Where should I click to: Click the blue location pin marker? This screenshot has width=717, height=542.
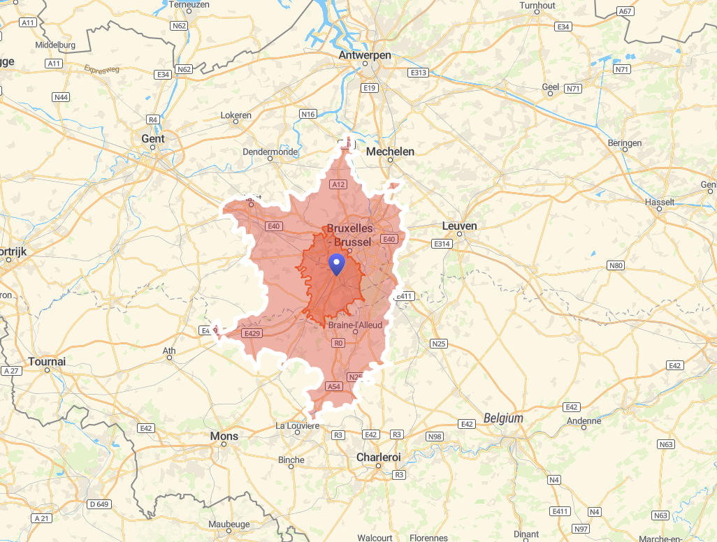[337, 264]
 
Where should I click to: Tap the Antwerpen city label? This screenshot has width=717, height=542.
[365, 55]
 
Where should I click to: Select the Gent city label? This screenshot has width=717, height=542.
[153, 138]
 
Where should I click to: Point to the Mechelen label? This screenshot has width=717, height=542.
[390, 152]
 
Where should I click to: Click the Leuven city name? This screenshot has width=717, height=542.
[459, 226]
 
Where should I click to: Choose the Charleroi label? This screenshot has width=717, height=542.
[378, 457]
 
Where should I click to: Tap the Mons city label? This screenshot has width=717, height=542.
[224, 436]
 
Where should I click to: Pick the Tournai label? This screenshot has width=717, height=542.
[47, 361]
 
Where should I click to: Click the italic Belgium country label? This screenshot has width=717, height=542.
[503, 418]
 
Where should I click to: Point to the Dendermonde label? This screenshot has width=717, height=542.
[270, 152]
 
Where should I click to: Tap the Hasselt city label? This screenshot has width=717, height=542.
[661, 202]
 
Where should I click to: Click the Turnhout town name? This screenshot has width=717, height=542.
[537, 6]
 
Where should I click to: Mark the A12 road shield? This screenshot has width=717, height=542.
[338, 184]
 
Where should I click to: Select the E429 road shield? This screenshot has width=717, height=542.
[252, 334]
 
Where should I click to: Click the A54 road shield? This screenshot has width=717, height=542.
[334, 386]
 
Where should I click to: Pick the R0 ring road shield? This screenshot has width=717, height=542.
[339, 343]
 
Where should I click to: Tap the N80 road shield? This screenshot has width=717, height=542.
[616, 265]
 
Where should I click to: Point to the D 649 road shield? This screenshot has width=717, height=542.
[99, 504]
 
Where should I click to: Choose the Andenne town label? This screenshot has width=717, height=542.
[584, 420]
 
